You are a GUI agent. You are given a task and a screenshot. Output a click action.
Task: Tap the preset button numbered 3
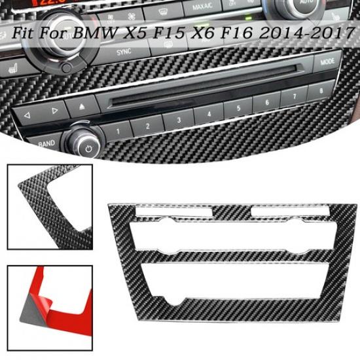coord(178,120)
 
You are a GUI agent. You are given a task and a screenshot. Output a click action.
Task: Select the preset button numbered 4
coord(208,115)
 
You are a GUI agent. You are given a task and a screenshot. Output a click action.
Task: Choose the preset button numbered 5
coord(238,109)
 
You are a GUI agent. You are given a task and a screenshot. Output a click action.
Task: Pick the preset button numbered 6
coord(266,103)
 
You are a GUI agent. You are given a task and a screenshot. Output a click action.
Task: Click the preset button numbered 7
coord(293,97)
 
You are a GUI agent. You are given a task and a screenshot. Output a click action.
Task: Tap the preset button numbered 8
coord(319,90)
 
